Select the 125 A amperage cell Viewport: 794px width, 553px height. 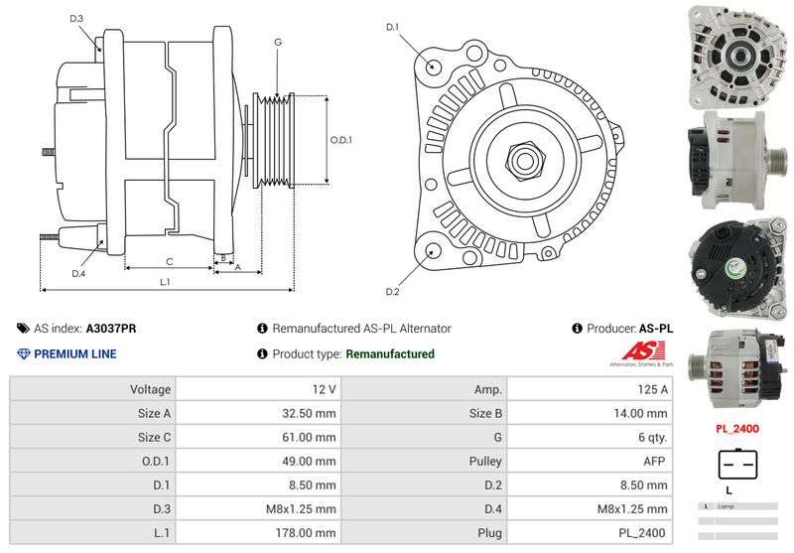coord(651,389)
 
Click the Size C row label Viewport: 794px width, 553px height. coord(153,437)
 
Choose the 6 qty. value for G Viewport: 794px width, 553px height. coord(649,437)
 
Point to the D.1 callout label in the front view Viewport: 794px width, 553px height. coord(392,27)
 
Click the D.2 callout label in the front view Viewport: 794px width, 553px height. coord(392,291)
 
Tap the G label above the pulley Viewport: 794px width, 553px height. coord(278,42)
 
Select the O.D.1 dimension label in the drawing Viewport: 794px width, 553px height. coord(340,140)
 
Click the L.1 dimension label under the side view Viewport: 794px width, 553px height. coord(166,283)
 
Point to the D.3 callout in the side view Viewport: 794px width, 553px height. coord(77,19)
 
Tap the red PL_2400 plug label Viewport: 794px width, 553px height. coord(737,429)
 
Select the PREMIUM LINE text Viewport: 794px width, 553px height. coord(74,353)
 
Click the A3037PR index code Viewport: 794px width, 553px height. coord(111,328)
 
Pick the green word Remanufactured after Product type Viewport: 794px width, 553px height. coord(389,353)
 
